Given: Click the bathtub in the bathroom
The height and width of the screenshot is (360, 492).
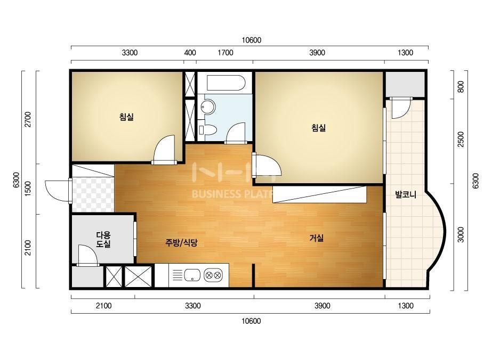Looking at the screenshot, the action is click(226, 83).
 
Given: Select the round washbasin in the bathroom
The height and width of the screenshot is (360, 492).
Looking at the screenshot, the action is click(208, 107).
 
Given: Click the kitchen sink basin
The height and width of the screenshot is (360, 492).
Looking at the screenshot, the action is click(192, 275).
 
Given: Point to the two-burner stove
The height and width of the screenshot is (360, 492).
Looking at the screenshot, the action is click(213, 276).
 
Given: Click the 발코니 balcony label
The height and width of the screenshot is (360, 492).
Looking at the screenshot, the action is click(406, 195).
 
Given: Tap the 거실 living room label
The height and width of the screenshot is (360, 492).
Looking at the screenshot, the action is click(317, 238).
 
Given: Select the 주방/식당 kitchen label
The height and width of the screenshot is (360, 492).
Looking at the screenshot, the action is click(181, 242).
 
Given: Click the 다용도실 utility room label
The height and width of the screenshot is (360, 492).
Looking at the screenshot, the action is click(103, 239).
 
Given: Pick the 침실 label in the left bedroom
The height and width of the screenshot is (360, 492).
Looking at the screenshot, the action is click(126, 117).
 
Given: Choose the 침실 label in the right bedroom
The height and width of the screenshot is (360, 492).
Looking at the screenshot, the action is click(318, 128).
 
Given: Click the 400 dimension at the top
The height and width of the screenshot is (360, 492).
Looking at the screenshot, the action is click(190, 53).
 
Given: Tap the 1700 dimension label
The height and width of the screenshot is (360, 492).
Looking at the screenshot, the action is click(225, 53).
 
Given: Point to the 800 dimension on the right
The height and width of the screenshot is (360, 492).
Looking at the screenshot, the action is click(461, 87).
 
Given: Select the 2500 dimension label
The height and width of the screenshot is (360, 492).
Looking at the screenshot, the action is click(461, 139).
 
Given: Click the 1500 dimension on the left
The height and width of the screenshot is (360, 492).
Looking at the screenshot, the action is click(28, 189).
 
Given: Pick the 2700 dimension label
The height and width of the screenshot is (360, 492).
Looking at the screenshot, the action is click(28, 119).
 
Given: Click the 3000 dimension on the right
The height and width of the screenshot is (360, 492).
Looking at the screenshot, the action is click(461, 234).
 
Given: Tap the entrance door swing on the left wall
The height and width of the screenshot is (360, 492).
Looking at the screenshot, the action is click(57, 191).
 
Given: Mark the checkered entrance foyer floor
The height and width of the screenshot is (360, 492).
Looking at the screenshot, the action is click(93, 194).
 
